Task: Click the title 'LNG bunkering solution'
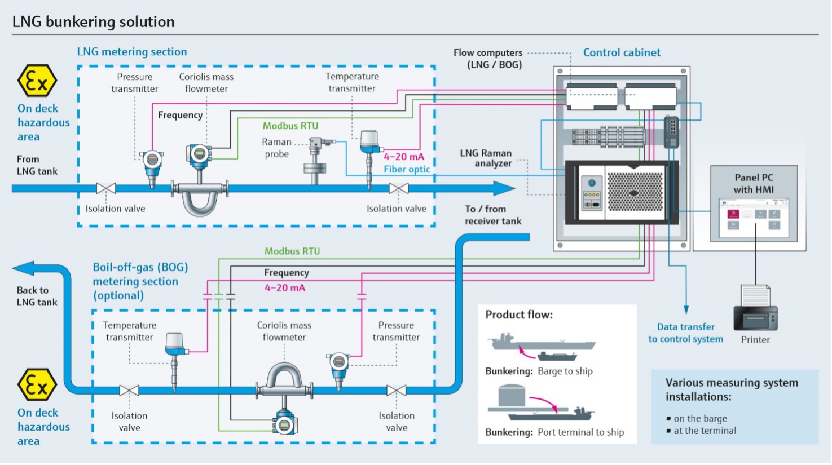point(94,22)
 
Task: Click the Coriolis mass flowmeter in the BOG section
point(284,395)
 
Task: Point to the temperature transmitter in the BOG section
point(175,355)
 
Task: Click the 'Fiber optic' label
point(407,169)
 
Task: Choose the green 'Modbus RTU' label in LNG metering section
point(290,126)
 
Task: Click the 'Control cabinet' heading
point(622,52)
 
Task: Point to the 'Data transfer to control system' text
point(685,333)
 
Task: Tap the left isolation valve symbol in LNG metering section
point(106,188)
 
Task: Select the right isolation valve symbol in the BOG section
point(396,390)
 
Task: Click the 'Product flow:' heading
point(519,315)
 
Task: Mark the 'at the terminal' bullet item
point(705,431)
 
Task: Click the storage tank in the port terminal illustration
point(512,394)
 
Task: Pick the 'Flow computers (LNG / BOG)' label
point(488,59)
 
